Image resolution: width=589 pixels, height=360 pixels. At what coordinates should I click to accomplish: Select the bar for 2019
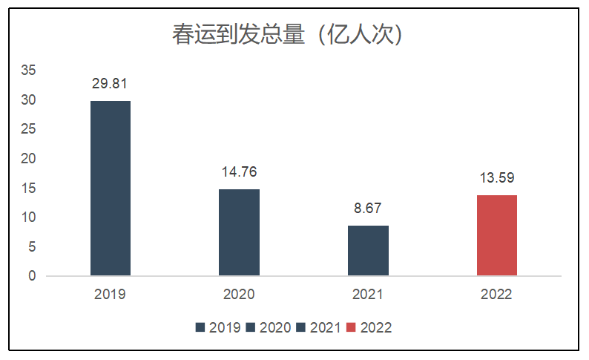tap(111, 189)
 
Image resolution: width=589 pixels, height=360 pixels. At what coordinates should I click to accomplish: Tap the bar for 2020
tap(239, 232)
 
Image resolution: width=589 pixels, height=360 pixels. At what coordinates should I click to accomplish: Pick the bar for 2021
tap(368, 250)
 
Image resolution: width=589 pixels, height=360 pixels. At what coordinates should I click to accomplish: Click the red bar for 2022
tap(496, 235)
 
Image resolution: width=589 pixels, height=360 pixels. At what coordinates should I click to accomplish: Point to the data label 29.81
tap(111, 84)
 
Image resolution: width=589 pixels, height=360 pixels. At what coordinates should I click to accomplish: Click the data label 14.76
tap(239, 172)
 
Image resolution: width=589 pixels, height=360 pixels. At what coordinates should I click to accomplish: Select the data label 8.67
tap(368, 209)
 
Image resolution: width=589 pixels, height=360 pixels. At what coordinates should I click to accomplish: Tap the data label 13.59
tap(496, 178)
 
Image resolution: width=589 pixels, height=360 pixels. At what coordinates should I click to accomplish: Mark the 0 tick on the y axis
tap(32, 276)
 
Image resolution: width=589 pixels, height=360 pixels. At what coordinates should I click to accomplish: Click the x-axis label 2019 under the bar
tap(111, 295)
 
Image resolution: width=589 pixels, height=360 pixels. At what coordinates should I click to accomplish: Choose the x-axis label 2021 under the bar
tap(368, 295)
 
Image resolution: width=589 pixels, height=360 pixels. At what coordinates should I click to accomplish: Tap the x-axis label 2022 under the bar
tap(496, 295)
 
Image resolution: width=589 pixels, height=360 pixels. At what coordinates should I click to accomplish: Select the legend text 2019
tap(225, 327)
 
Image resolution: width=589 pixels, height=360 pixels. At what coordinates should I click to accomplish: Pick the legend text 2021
tap(326, 327)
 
